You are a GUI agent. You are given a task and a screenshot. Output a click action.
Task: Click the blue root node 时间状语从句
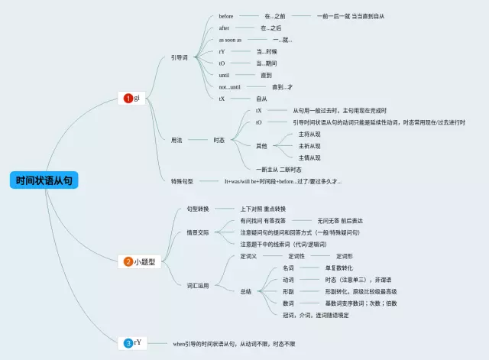[45, 181]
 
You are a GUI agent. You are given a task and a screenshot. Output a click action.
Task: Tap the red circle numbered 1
[128, 98]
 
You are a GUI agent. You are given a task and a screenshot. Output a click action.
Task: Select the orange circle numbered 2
[128, 261]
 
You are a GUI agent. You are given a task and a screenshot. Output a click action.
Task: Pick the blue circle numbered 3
[128, 343]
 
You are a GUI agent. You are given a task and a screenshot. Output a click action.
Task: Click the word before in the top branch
[226, 16]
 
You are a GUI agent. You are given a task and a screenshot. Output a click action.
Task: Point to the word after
[225, 28]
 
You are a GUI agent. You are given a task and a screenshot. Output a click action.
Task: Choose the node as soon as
[230, 40]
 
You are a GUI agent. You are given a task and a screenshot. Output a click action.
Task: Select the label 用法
[176, 140]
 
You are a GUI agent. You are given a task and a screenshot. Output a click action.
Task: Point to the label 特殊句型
[182, 181]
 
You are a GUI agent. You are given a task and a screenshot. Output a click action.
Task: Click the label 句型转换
[198, 208]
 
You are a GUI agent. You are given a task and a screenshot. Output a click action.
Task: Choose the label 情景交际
[198, 232]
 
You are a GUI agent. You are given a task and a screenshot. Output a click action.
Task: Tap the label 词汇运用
[198, 285]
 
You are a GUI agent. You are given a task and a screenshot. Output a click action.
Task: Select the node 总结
[246, 291]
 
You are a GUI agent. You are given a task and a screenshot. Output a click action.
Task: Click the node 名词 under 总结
[288, 268]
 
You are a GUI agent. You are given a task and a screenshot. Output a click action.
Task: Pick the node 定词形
[344, 256]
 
